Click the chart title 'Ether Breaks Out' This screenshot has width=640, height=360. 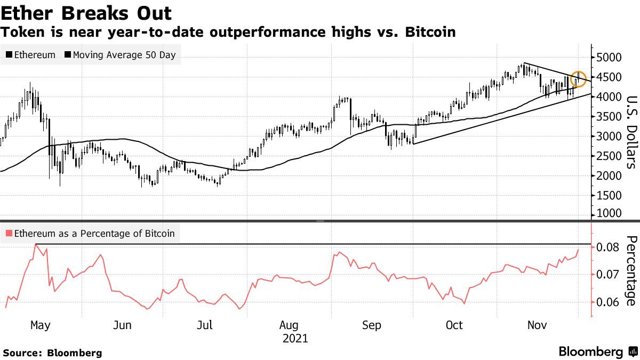click(86, 13)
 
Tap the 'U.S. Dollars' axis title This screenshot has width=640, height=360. click(630, 132)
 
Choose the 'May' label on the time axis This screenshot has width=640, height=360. click(41, 325)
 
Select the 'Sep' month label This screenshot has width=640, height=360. click(371, 325)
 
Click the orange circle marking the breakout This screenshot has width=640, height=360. click(579, 79)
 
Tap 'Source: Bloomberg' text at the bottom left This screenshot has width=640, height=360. click(52, 353)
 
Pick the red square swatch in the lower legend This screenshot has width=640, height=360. click(9, 233)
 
